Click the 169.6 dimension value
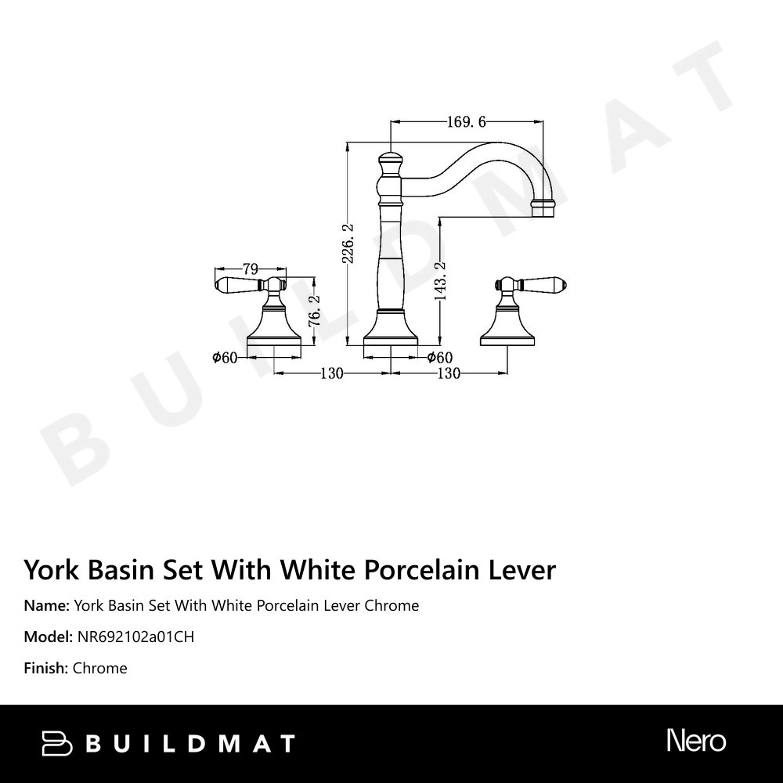click(x=467, y=121)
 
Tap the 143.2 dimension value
click(x=440, y=281)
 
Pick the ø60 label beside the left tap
click(x=224, y=358)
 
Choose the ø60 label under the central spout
click(x=440, y=358)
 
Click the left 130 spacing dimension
click(x=332, y=373)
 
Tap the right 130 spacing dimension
click(x=448, y=373)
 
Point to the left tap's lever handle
click(x=236, y=283)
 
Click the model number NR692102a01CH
click(x=135, y=637)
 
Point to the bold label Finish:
click(x=46, y=668)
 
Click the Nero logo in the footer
click(x=696, y=741)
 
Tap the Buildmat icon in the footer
click(x=56, y=743)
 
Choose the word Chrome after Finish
click(x=99, y=668)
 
